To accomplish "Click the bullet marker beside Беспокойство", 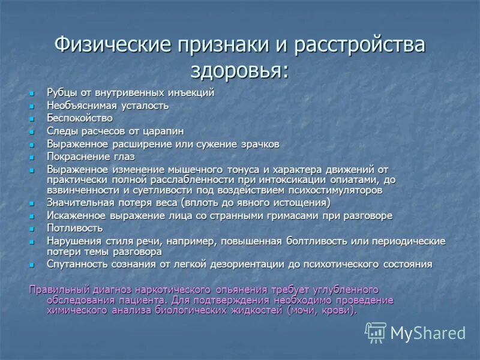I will click(x=34, y=119).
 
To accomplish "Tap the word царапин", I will click(x=163, y=131).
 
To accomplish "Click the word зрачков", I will click(x=259, y=145).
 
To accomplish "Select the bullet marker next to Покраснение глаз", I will click(x=34, y=157).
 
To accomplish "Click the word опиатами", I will click(x=361, y=180).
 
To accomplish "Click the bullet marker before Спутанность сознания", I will click(x=34, y=265).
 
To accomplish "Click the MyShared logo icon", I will click(x=376, y=332).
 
